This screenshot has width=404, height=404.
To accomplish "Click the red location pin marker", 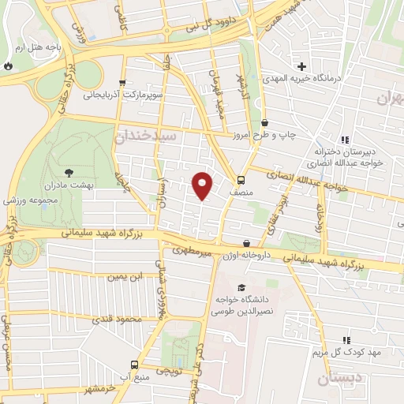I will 202,185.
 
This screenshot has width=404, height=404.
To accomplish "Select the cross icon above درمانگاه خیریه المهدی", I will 301,65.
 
